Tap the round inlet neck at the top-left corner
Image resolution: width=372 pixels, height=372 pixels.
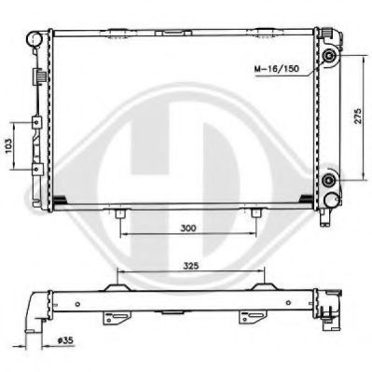point(34,40)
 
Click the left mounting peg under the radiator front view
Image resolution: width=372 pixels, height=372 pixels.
point(120,216)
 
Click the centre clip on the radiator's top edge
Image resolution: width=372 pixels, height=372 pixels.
point(171,34)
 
